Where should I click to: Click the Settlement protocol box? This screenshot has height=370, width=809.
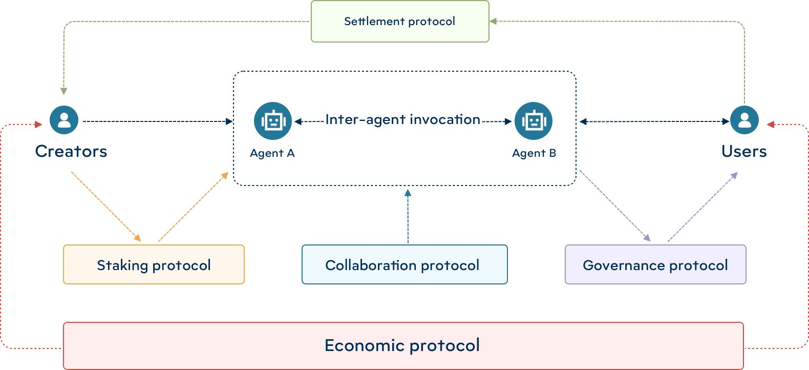click(x=400, y=22)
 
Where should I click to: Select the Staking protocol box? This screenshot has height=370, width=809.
click(x=154, y=264)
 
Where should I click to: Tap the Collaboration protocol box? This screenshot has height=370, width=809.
click(x=404, y=264)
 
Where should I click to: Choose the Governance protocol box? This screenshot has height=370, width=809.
click(x=655, y=264)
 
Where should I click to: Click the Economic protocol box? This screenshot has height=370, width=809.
click(x=403, y=345)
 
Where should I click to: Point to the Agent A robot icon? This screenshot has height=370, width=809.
click(x=273, y=121)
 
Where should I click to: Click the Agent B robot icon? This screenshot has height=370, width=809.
click(x=534, y=121)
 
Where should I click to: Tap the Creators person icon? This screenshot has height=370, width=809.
click(x=64, y=120)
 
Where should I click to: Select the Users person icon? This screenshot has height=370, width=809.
click(x=744, y=120)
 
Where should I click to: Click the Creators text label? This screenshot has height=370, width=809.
click(x=71, y=151)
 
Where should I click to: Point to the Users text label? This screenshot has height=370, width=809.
click(x=744, y=151)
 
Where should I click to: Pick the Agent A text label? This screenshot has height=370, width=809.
click(x=272, y=153)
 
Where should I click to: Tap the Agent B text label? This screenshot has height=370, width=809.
click(x=534, y=153)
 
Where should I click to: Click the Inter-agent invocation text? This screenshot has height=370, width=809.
click(x=403, y=119)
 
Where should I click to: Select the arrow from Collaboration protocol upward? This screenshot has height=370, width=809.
click(x=408, y=215)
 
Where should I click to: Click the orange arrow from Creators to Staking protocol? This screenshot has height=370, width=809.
click(x=106, y=207)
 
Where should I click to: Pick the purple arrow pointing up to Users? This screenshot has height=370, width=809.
click(x=702, y=207)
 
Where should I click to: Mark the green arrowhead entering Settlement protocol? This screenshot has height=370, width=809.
click(x=493, y=22)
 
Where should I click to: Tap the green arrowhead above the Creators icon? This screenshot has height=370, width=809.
click(x=64, y=91)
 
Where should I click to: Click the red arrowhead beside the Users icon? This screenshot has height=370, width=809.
click(x=771, y=124)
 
